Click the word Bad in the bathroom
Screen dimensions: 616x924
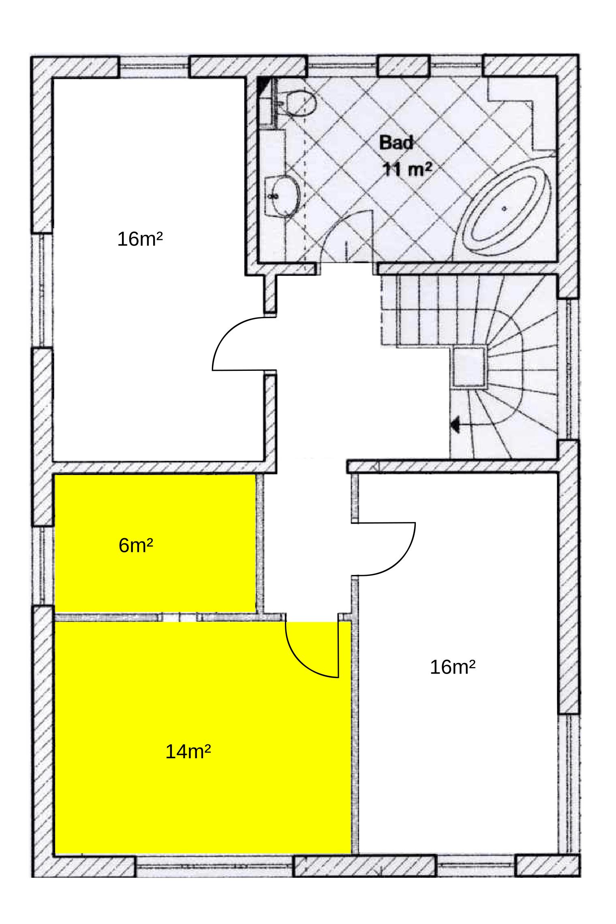point(396,143)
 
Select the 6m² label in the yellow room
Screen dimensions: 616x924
point(136,546)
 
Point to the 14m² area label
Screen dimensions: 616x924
point(188,752)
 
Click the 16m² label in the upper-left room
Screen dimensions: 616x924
point(140,240)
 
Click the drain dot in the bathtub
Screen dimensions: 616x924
point(504,209)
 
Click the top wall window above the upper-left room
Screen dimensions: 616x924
point(154,66)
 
